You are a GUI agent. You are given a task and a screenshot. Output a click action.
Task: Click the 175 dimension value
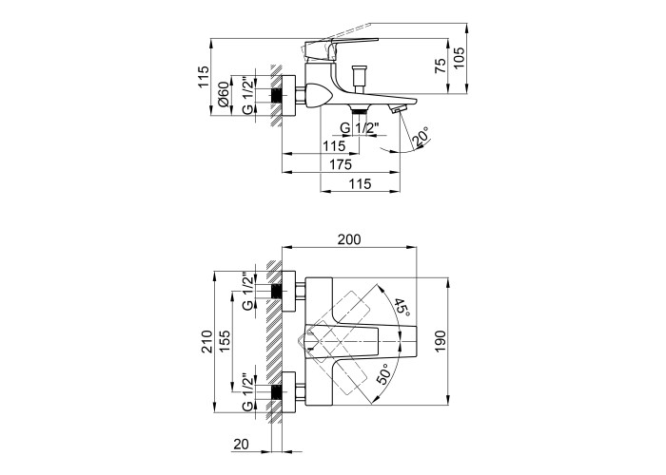[x=341, y=164]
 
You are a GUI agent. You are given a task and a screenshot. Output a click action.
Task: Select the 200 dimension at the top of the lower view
[x=349, y=239]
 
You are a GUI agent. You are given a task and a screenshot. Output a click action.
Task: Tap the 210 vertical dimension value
[x=207, y=341]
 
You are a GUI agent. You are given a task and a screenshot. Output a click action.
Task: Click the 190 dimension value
[x=441, y=341]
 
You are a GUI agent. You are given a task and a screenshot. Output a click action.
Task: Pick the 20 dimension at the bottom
[x=241, y=444]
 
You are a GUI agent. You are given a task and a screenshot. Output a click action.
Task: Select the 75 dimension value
[x=441, y=66]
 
